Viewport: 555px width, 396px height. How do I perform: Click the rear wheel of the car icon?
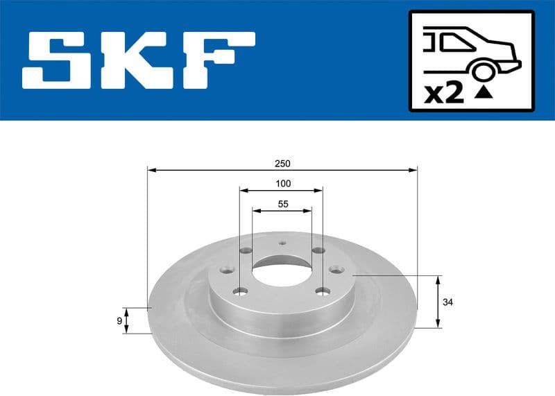pos(484,71)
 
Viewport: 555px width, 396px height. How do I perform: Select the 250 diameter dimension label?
pos(282,164)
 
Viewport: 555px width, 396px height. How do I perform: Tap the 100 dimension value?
pos(282,184)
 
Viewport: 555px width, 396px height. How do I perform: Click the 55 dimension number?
pos(282,205)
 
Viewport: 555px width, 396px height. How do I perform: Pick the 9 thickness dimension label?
pos(119,320)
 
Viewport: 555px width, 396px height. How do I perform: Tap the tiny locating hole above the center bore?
pos(282,243)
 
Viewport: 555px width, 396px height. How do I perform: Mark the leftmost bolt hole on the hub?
pos(225,271)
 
